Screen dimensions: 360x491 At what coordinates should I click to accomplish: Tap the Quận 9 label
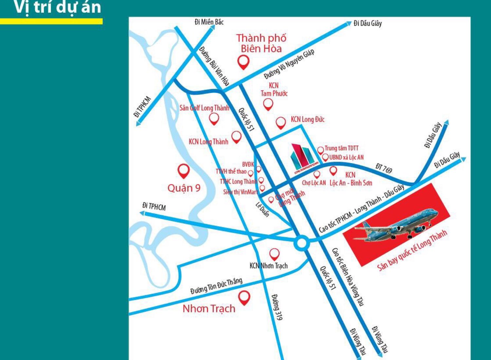point(184,188)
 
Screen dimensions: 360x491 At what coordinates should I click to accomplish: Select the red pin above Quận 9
point(183,171)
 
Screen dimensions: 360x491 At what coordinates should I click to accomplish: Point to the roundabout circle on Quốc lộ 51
point(301,243)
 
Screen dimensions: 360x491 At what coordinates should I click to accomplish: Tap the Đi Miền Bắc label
point(209,22)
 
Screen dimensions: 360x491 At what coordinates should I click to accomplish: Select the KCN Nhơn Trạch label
point(268,266)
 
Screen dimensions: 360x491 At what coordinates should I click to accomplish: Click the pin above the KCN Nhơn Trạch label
point(274,254)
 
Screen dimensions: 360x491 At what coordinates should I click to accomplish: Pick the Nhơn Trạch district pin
point(244,297)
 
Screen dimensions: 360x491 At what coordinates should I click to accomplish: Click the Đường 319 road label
point(277,307)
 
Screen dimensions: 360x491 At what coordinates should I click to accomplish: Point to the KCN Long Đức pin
point(281,122)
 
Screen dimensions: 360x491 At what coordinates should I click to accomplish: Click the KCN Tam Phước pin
point(268,104)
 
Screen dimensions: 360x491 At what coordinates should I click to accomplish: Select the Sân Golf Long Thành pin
point(214,118)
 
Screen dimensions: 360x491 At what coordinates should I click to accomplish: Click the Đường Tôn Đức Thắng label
point(216,286)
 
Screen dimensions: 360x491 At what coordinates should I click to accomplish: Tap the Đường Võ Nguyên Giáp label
point(289,64)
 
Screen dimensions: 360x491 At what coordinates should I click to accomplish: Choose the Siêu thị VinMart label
point(240,192)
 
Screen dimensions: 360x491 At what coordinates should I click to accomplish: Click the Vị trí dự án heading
point(58,8)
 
